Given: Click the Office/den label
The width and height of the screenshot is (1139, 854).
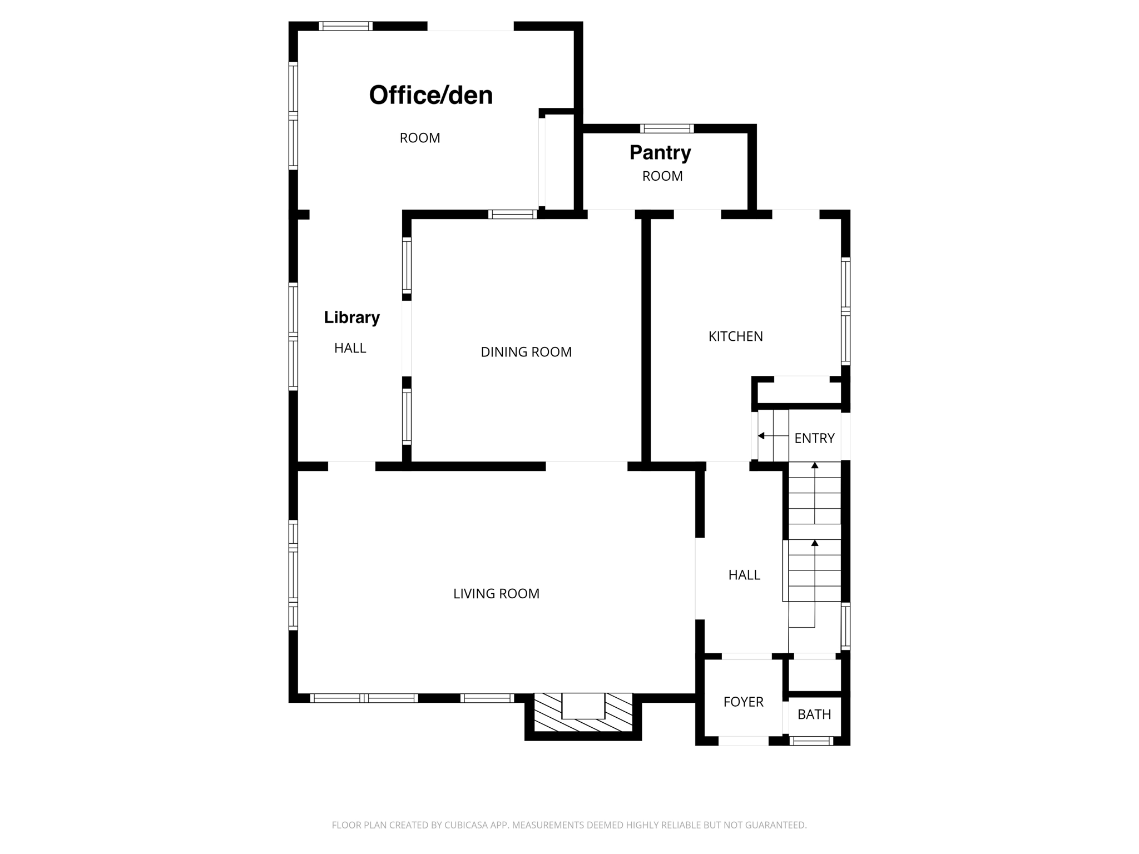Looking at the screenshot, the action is click(431, 95).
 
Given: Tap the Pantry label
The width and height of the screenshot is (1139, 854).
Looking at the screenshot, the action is click(660, 152).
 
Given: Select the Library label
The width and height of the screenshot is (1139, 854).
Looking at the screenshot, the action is click(352, 317).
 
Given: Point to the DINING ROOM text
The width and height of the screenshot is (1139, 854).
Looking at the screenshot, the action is click(526, 352).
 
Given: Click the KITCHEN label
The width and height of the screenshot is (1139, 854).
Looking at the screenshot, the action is click(736, 336).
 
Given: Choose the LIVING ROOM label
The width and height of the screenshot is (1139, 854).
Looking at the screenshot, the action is click(496, 594).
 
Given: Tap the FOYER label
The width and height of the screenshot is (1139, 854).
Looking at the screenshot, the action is click(744, 702).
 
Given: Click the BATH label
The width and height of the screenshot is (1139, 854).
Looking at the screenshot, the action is click(814, 714).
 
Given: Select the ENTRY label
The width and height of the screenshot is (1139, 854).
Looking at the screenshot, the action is click(814, 439).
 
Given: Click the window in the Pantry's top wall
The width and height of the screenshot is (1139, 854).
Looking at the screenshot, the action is click(667, 128).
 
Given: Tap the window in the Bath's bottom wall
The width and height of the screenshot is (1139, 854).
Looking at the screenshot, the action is click(811, 741).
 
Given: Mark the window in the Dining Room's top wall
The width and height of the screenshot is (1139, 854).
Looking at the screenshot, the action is click(513, 214).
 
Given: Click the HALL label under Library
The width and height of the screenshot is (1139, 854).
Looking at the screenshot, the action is click(350, 349).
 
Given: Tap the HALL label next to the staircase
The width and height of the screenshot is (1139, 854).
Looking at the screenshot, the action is click(744, 575).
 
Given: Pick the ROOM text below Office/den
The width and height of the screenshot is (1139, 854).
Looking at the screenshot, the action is click(420, 138).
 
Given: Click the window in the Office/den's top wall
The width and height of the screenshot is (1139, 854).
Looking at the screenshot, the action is click(345, 26).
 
